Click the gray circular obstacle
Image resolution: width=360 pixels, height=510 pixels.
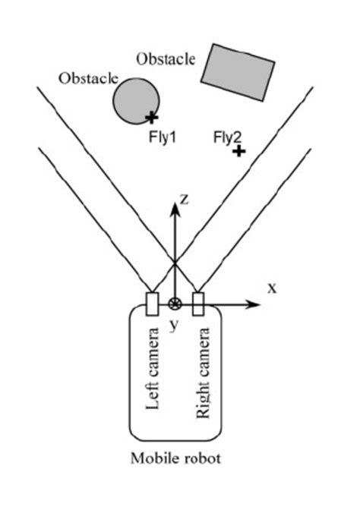coord(137,101)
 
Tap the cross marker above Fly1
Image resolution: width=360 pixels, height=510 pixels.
coord(152,117)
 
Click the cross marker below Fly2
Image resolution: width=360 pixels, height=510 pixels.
coord(239,152)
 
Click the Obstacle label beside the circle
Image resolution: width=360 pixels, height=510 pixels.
coord(88,77)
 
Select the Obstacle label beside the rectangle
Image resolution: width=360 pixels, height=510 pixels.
coord(166,58)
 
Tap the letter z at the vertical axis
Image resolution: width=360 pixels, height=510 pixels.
coord(183,199)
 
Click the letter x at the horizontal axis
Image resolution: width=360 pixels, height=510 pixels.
coord(271,287)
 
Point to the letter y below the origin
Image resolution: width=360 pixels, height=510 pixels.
coord(174,325)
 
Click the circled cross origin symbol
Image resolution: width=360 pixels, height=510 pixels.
coord(175,305)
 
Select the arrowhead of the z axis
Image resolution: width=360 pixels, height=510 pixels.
coord(175,209)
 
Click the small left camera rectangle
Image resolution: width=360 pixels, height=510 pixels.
coord(151,303)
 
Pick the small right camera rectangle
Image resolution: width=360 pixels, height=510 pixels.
coord(199,303)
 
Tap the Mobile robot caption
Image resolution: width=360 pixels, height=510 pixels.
coord(175,458)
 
